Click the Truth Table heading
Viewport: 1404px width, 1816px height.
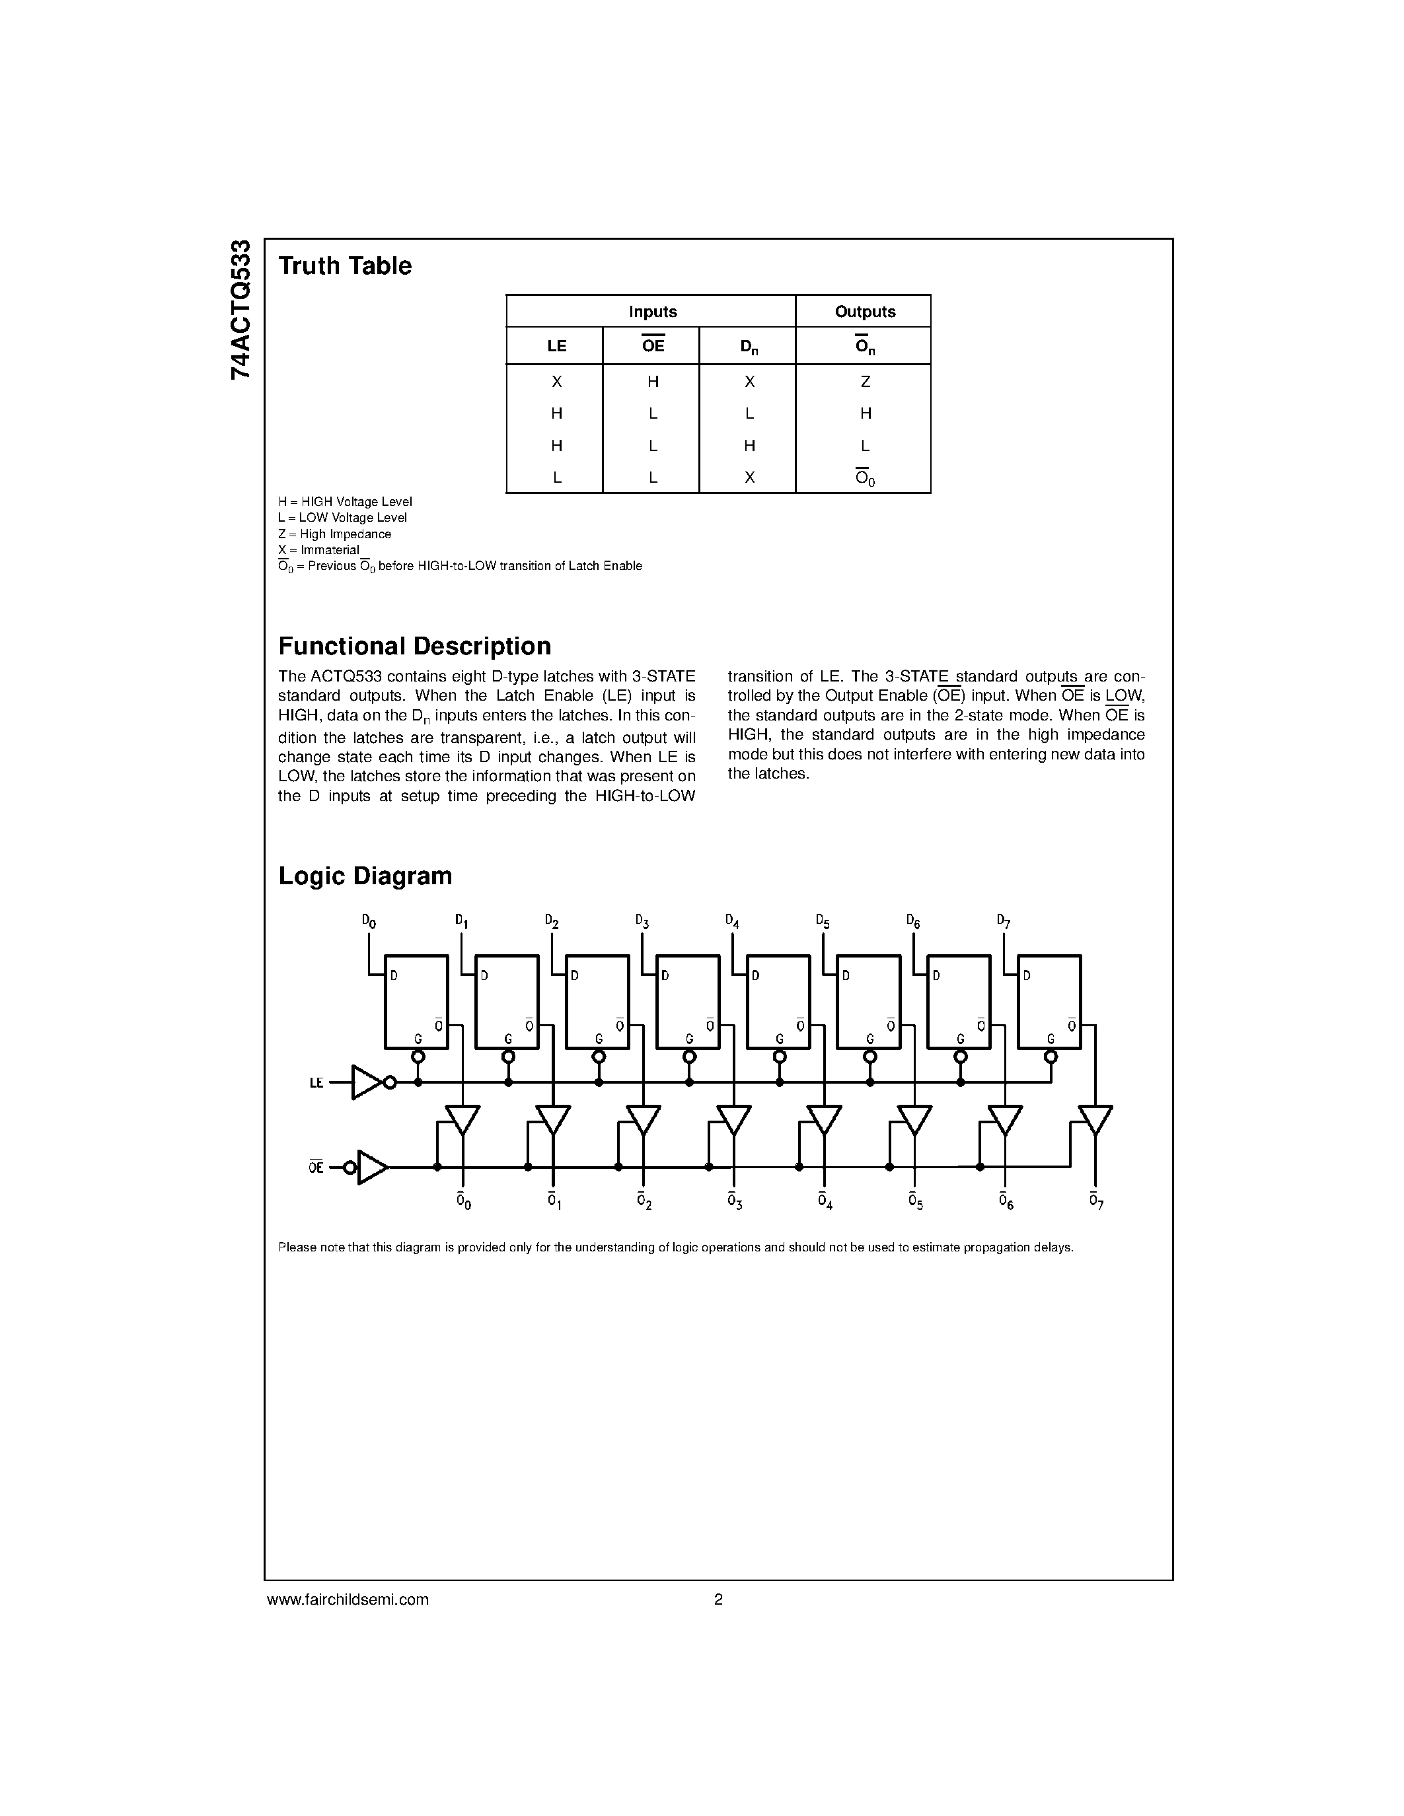pos(344,266)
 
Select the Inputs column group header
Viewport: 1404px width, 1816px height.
pos(652,312)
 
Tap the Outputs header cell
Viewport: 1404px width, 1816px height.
pos(864,312)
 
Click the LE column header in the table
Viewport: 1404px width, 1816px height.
pos(556,346)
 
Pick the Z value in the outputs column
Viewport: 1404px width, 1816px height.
pos(865,382)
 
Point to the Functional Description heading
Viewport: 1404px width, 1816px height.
pos(414,646)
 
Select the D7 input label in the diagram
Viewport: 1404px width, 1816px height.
pos(1003,921)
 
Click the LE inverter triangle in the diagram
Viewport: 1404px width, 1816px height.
pos(365,1082)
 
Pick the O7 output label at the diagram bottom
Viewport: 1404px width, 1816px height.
pos(1095,1201)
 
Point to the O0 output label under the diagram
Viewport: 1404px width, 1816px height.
pos(463,1201)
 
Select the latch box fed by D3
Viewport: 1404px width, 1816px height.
pos(688,1002)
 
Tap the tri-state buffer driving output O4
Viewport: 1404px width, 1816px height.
pos(825,1119)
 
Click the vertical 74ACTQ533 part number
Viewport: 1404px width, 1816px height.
pos(240,309)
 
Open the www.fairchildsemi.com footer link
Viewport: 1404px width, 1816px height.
pos(348,1599)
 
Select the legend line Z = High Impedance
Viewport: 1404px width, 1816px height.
pos(334,534)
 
